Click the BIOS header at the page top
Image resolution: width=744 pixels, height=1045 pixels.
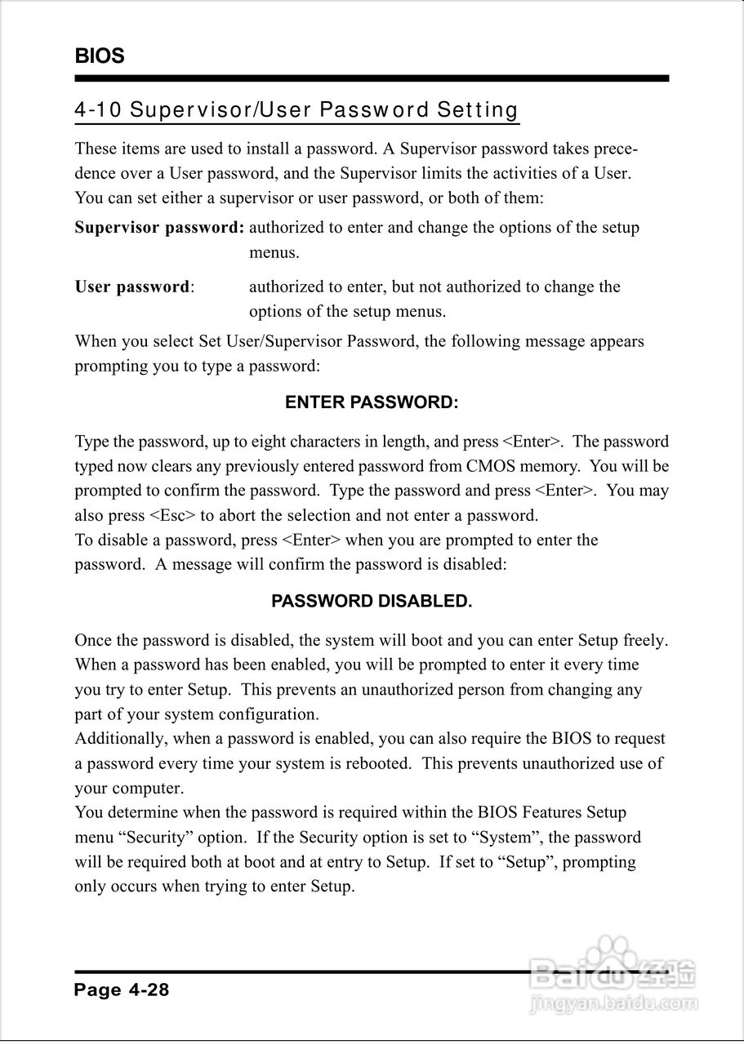100,56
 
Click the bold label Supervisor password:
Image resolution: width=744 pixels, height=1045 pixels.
159,228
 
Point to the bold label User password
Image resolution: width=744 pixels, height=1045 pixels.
132,287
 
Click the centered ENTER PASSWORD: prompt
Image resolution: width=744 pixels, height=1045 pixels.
372,403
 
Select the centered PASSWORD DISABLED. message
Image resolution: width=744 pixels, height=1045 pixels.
372,602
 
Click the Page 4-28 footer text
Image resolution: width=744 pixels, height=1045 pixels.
122,990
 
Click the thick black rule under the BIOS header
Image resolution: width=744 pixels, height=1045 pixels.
372,79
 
